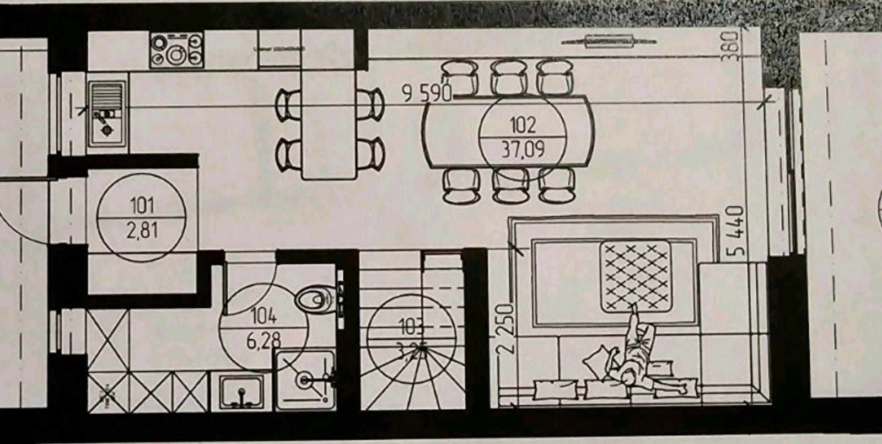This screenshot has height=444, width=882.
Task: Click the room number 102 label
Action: (523, 125)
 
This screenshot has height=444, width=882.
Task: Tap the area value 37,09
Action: (523, 149)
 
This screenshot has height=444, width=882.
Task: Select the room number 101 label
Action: (142, 206)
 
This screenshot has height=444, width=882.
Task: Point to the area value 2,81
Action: (142, 229)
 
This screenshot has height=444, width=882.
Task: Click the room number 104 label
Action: (263, 316)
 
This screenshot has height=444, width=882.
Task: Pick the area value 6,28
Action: (263, 339)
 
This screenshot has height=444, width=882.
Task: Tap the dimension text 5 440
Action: (736, 231)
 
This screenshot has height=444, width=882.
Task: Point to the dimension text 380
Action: (730, 45)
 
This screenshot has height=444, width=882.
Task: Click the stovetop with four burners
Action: (176, 50)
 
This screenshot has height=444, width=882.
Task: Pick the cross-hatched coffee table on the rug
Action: (636, 275)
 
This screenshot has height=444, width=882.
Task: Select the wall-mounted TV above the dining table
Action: (609, 41)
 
